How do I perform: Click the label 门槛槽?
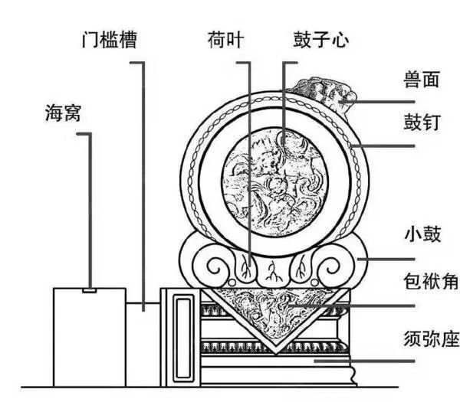pos(109,40)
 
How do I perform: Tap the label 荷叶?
pos(225,40)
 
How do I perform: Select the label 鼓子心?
pos(321,40)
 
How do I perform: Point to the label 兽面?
pos(421,79)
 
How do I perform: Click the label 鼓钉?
pos(422,123)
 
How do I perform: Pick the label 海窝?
pos(63,113)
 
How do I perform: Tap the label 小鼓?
pos(422,234)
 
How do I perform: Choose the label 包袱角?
pos(431,281)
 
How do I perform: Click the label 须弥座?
pos(431,338)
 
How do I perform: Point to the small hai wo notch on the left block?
pos(89,290)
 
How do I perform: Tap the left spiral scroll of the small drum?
pos(218,267)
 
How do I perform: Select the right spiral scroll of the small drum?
pos(329,267)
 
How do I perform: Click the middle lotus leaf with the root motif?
pos(272,271)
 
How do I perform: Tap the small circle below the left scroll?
pos(232,283)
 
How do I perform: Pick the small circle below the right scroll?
pos(314,283)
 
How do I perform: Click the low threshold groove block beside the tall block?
pos(143,345)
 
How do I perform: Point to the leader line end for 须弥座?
pos(315,361)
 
